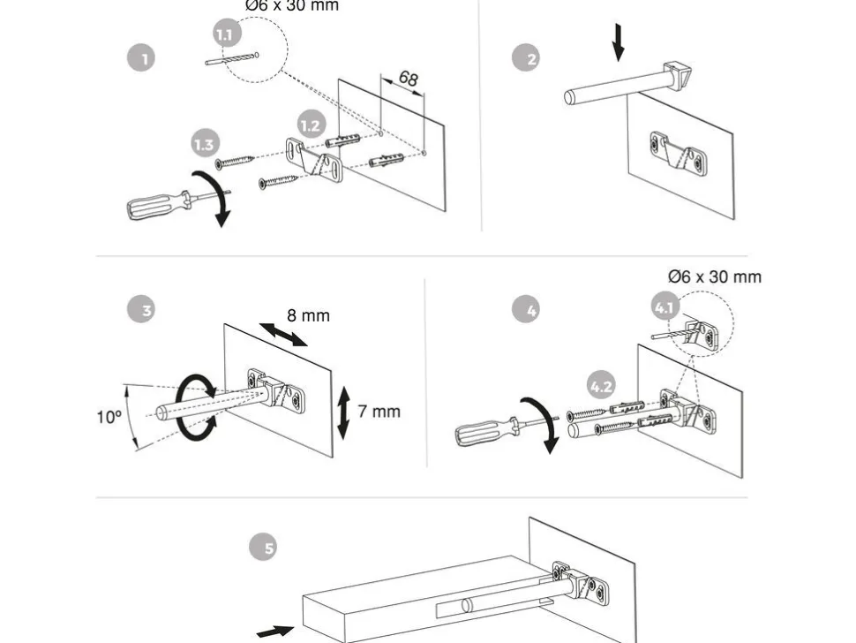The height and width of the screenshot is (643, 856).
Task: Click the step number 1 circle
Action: tap(141, 58)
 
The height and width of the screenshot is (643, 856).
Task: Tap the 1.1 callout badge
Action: tap(227, 34)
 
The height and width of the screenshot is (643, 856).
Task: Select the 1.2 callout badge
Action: tap(312, 125)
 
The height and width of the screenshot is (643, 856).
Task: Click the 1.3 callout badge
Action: tap(206, 144)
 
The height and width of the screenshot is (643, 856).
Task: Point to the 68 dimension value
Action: tap(408, 78)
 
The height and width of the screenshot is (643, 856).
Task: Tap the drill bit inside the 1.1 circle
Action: tap(232, 59)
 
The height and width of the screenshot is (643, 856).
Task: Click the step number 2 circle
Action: tap(526, 58)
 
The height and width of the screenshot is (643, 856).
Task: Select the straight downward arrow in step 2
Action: tap(618, 42)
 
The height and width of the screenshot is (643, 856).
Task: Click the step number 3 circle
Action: tap(141, 309)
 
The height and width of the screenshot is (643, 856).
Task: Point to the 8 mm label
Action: tap(309, 316)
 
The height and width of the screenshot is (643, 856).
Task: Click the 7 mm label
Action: tap(379, 412)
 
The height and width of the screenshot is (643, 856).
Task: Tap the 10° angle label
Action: tap(109, 418)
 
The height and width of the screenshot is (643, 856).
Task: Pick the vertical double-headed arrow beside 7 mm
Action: tap(344, 413)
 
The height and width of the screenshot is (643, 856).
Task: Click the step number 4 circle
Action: tap(526, 309)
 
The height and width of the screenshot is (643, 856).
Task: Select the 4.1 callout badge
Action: tap(665, 307)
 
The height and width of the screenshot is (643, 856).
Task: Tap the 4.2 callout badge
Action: tap(601, 386)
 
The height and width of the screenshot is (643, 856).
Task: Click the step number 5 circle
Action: tap(263, 547)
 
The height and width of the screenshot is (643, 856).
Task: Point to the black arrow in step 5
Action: tap(275, 632)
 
